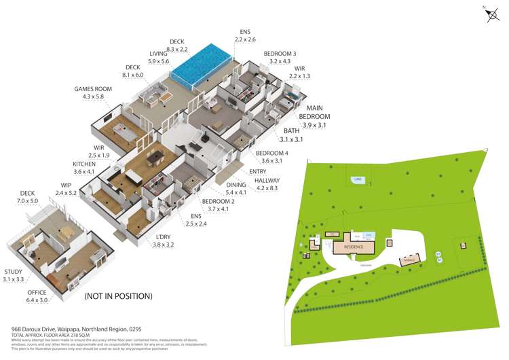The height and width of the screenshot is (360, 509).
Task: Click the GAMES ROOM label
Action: (90, 89)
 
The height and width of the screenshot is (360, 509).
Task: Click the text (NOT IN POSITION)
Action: (118, 296)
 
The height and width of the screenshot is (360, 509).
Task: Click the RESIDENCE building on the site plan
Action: (354, 247)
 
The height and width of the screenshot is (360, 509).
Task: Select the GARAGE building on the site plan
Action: (409, 259)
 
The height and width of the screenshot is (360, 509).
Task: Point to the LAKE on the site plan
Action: (356, 179)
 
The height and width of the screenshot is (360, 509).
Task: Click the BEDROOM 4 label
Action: (271, 154)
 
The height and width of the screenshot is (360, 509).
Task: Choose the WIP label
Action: (66, 185)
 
